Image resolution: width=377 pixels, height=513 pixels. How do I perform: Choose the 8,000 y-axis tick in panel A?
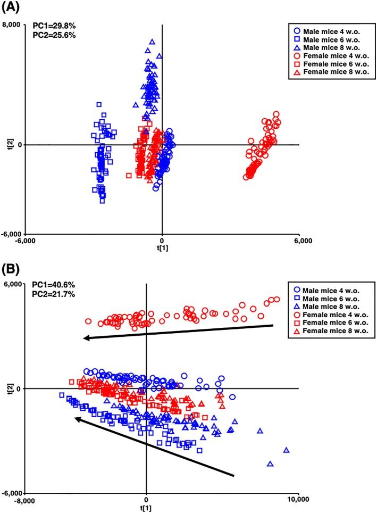[12, 24]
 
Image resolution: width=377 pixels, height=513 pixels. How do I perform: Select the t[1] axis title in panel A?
[163, 247]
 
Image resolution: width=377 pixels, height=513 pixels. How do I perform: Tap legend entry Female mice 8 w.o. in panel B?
[331, 332]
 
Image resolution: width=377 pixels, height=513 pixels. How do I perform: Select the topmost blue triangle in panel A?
[152, 42]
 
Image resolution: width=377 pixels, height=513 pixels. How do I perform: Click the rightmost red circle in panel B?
[276, 300]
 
